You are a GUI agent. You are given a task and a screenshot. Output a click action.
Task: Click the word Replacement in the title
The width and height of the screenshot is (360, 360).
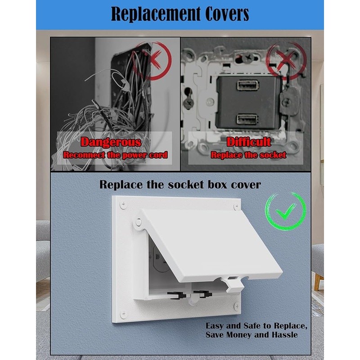[156, 14]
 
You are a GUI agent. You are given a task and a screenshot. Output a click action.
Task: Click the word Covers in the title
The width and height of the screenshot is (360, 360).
[227, 14]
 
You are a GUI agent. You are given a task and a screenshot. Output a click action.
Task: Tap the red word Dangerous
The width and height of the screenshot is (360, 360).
[111, 142]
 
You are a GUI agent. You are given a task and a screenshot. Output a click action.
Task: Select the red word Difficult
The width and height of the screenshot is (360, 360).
[249, 142]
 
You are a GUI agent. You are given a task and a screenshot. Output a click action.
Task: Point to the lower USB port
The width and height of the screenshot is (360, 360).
[247, 119]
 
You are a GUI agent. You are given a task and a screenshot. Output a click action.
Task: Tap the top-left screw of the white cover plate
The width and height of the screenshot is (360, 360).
[123, 204]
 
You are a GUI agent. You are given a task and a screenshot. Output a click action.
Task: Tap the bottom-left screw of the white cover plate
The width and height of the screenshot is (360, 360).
[123, 314]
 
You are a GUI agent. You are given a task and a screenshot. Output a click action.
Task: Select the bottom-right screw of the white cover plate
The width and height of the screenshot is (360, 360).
[237, 306]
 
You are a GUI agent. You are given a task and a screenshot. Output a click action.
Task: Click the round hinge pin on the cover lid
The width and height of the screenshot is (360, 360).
[138, 222]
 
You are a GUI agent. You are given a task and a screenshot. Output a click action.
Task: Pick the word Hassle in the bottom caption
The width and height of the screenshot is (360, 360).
[285, 335]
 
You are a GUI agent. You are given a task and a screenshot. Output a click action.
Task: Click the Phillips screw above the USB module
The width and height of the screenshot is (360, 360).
[247, 58]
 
